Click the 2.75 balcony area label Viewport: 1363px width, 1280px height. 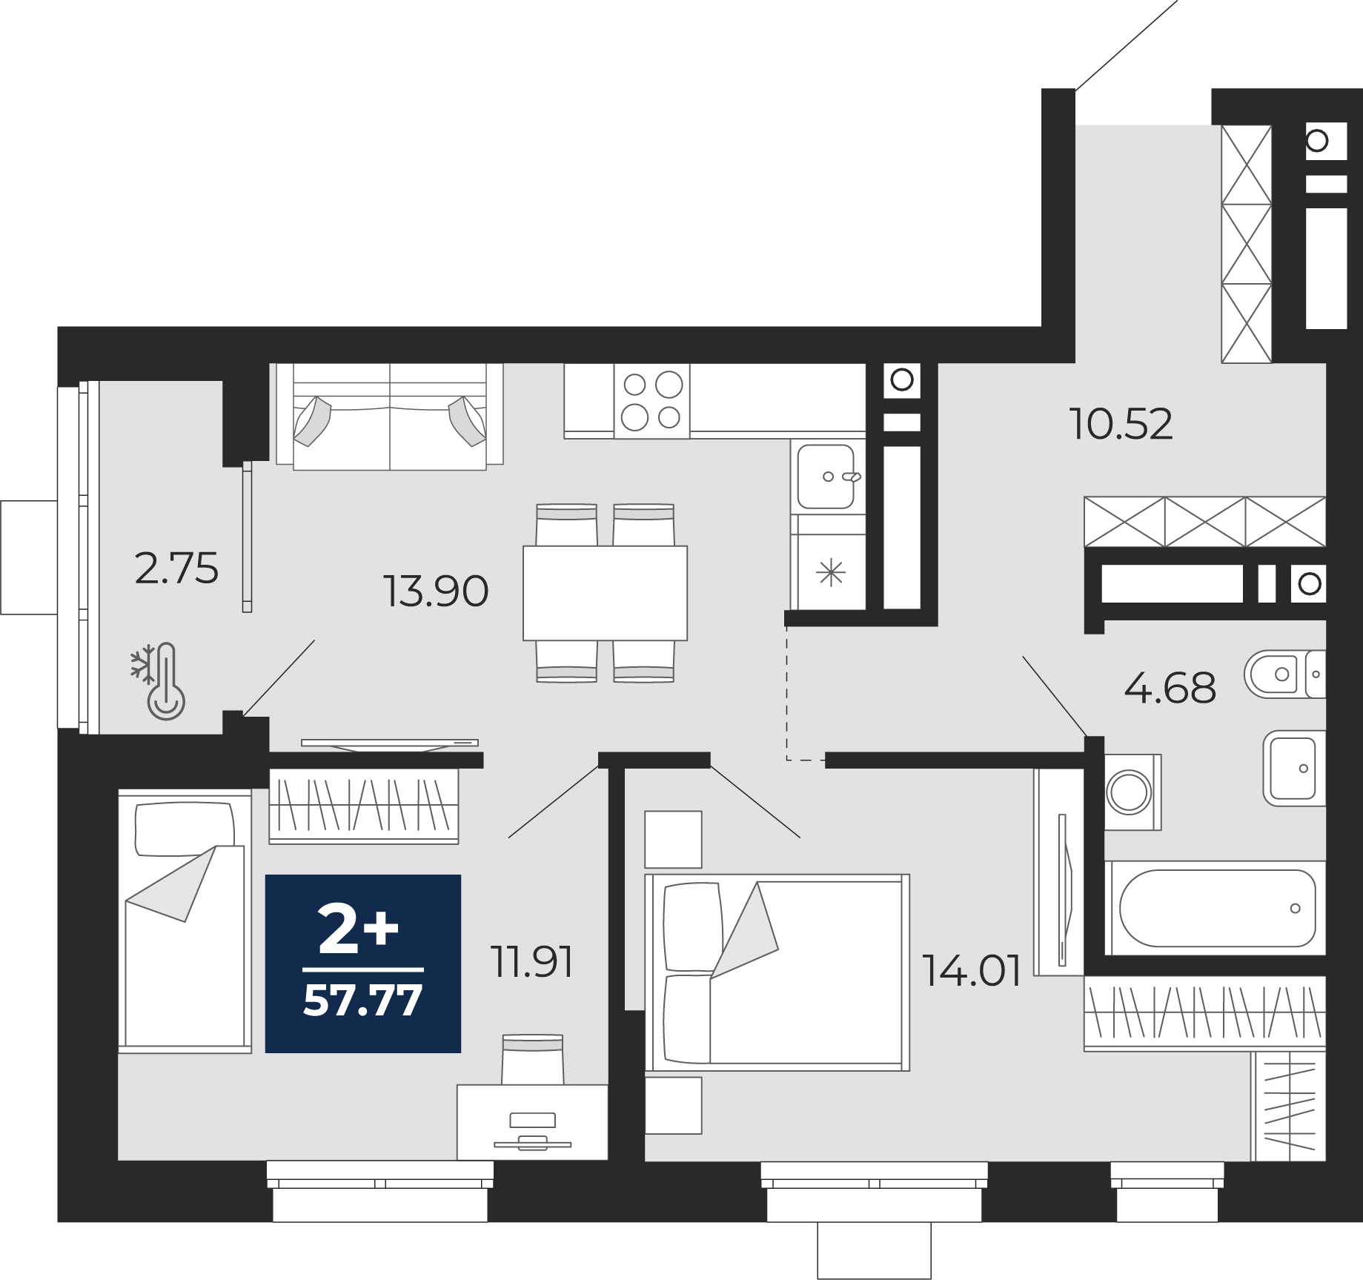(x=176, y=569)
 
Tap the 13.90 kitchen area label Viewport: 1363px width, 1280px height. (x=436, y=591)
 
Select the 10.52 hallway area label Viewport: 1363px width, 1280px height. (x=1121, y=425)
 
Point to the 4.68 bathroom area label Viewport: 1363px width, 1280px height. (x=1170, y=688)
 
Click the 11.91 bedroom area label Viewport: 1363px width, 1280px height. (x=532, y=962)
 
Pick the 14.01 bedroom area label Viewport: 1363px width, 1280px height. (x=972, y=971)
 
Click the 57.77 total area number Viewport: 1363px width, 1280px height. (x=363, y=1000)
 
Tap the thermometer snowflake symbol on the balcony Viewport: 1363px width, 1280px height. (x=159, y=681)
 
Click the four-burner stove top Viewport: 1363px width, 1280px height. (x=651, y=401)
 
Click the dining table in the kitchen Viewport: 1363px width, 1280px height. (x=605, y=593)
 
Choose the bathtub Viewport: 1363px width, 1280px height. (x=1215, y=908)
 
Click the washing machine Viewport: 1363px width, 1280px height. (x=1132, y=792)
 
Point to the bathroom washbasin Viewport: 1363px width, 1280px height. (x=1294, y=768)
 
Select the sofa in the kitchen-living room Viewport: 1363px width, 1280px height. (x=390, y=416)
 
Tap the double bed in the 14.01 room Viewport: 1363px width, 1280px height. (x=777, y=972)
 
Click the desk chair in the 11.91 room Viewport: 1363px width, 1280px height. (x=532, y=1060)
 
